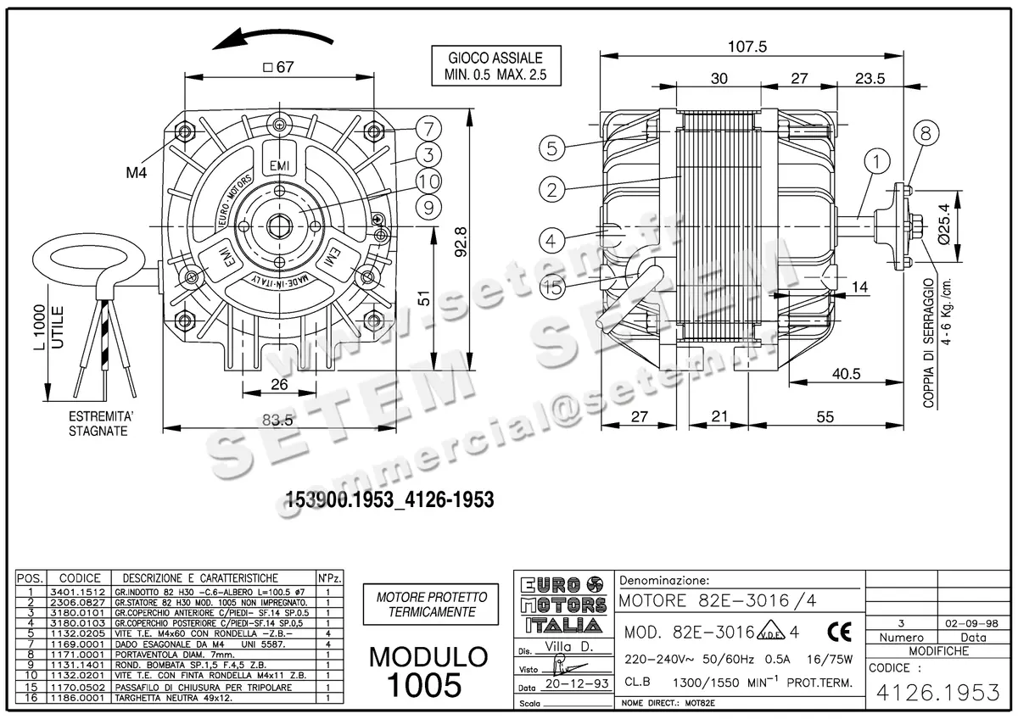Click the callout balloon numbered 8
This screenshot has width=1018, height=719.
925,132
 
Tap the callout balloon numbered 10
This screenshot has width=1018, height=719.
428,181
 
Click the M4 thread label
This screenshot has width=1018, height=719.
137,173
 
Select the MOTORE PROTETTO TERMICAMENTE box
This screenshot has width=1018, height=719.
431,604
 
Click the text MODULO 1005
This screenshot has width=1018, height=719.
428,669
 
